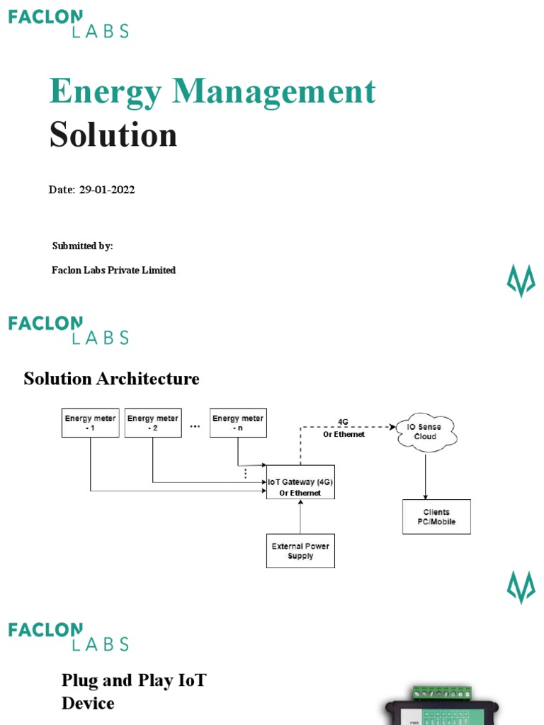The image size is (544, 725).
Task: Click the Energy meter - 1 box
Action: (90, 423)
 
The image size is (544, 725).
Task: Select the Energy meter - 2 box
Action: (152, 423)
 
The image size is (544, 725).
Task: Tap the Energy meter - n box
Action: (237, 423)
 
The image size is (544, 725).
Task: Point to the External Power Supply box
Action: (300, 551)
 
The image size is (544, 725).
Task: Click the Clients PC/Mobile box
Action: (436, 517)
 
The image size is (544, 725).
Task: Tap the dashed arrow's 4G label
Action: (343, 422)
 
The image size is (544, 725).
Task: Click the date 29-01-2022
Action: (107, 190)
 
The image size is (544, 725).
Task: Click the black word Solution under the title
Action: (113, 135)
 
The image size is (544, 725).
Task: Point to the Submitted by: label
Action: (82, 246)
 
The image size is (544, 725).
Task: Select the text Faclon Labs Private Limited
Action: (113, 270)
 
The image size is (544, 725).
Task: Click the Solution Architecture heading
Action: (111, 379)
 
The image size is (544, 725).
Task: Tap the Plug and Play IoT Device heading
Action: (134, 692)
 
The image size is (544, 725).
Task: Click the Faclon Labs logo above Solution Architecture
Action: (68, 330)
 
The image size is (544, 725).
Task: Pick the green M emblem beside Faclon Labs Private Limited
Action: (521, 281)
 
